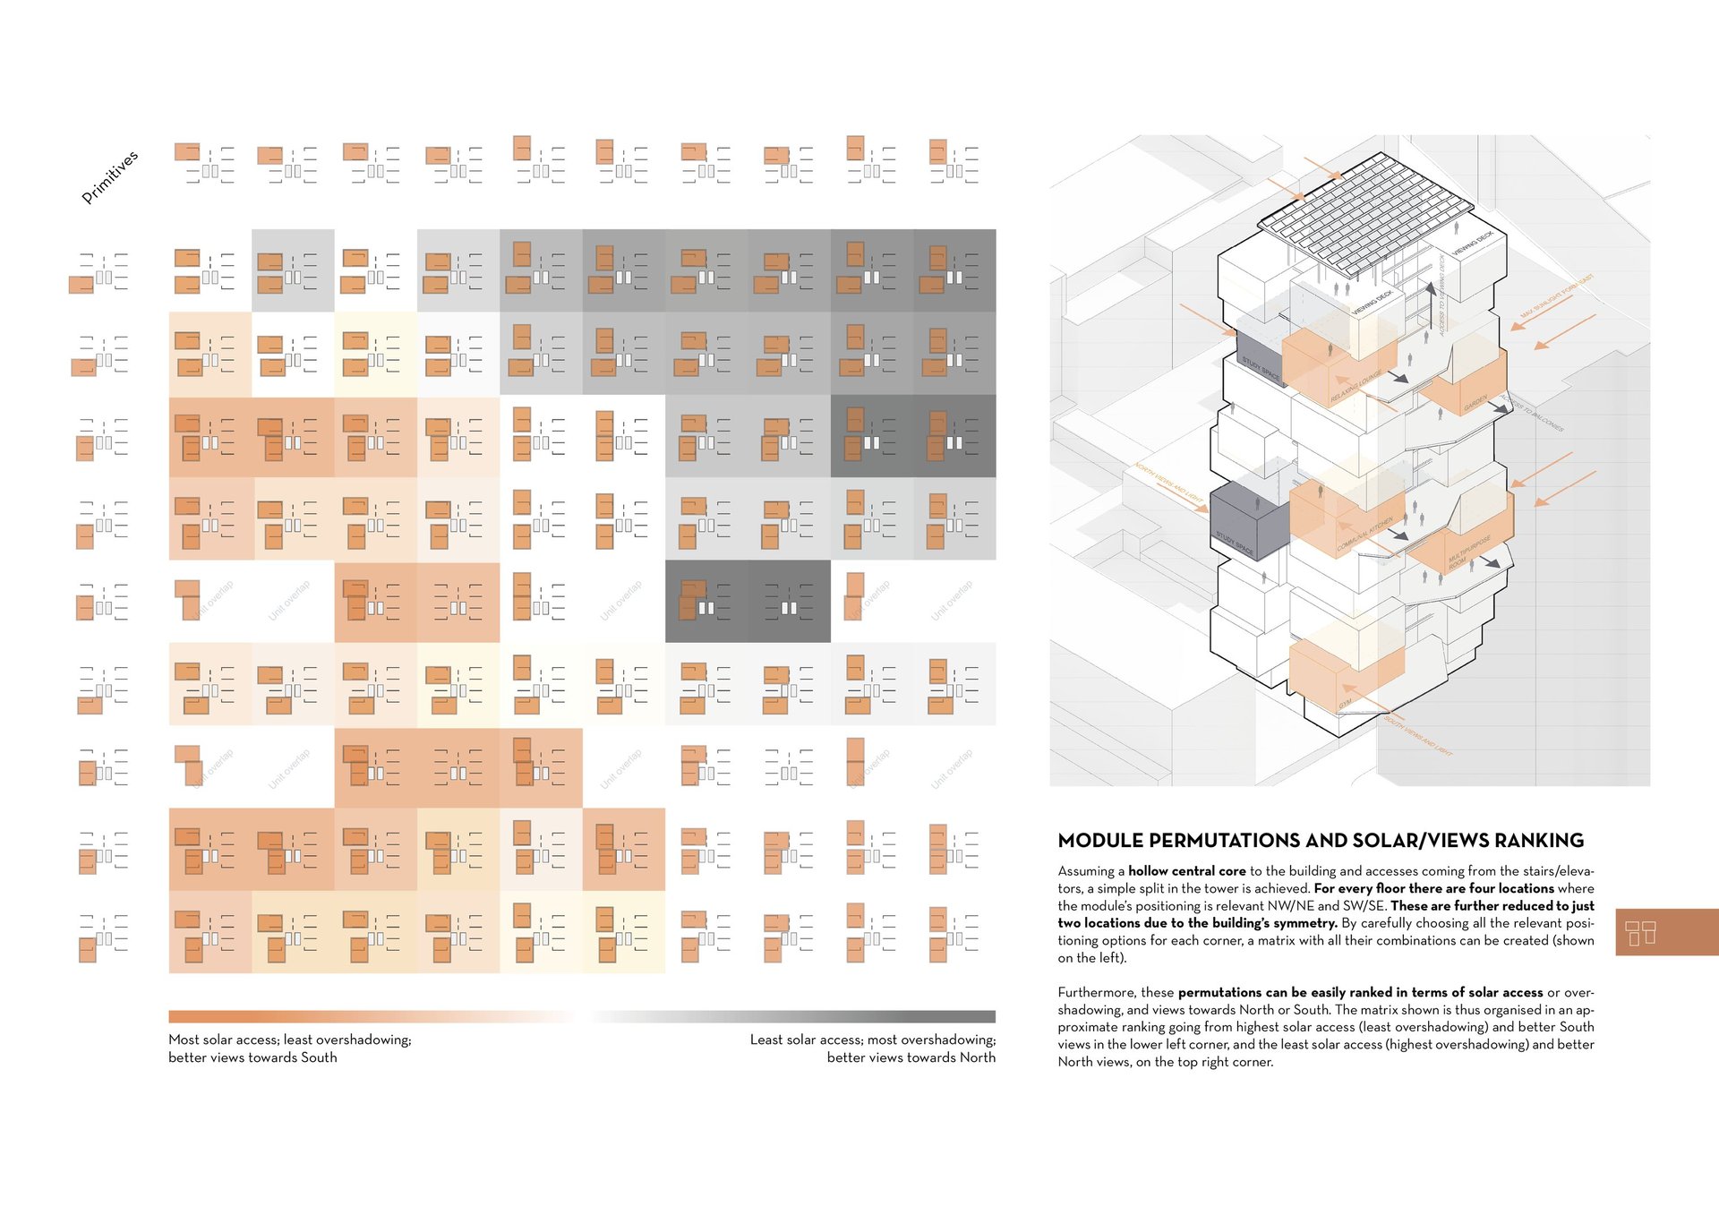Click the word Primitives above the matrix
click(x=110, y=176)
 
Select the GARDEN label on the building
click(x=1475, y=404)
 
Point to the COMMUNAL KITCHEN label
click(x=1364, y=535)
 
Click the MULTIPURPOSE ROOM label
click(x=1468, y=553)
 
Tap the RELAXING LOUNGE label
click(x=1356, y=385)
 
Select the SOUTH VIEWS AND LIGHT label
click(x=1418, y=736)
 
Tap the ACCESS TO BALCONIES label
click(x=1533, y=413)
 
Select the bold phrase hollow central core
click(x=1186, y=871)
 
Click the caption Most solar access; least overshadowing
click(x=289, y=1040)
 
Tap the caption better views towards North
click(x=911, y=1057)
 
